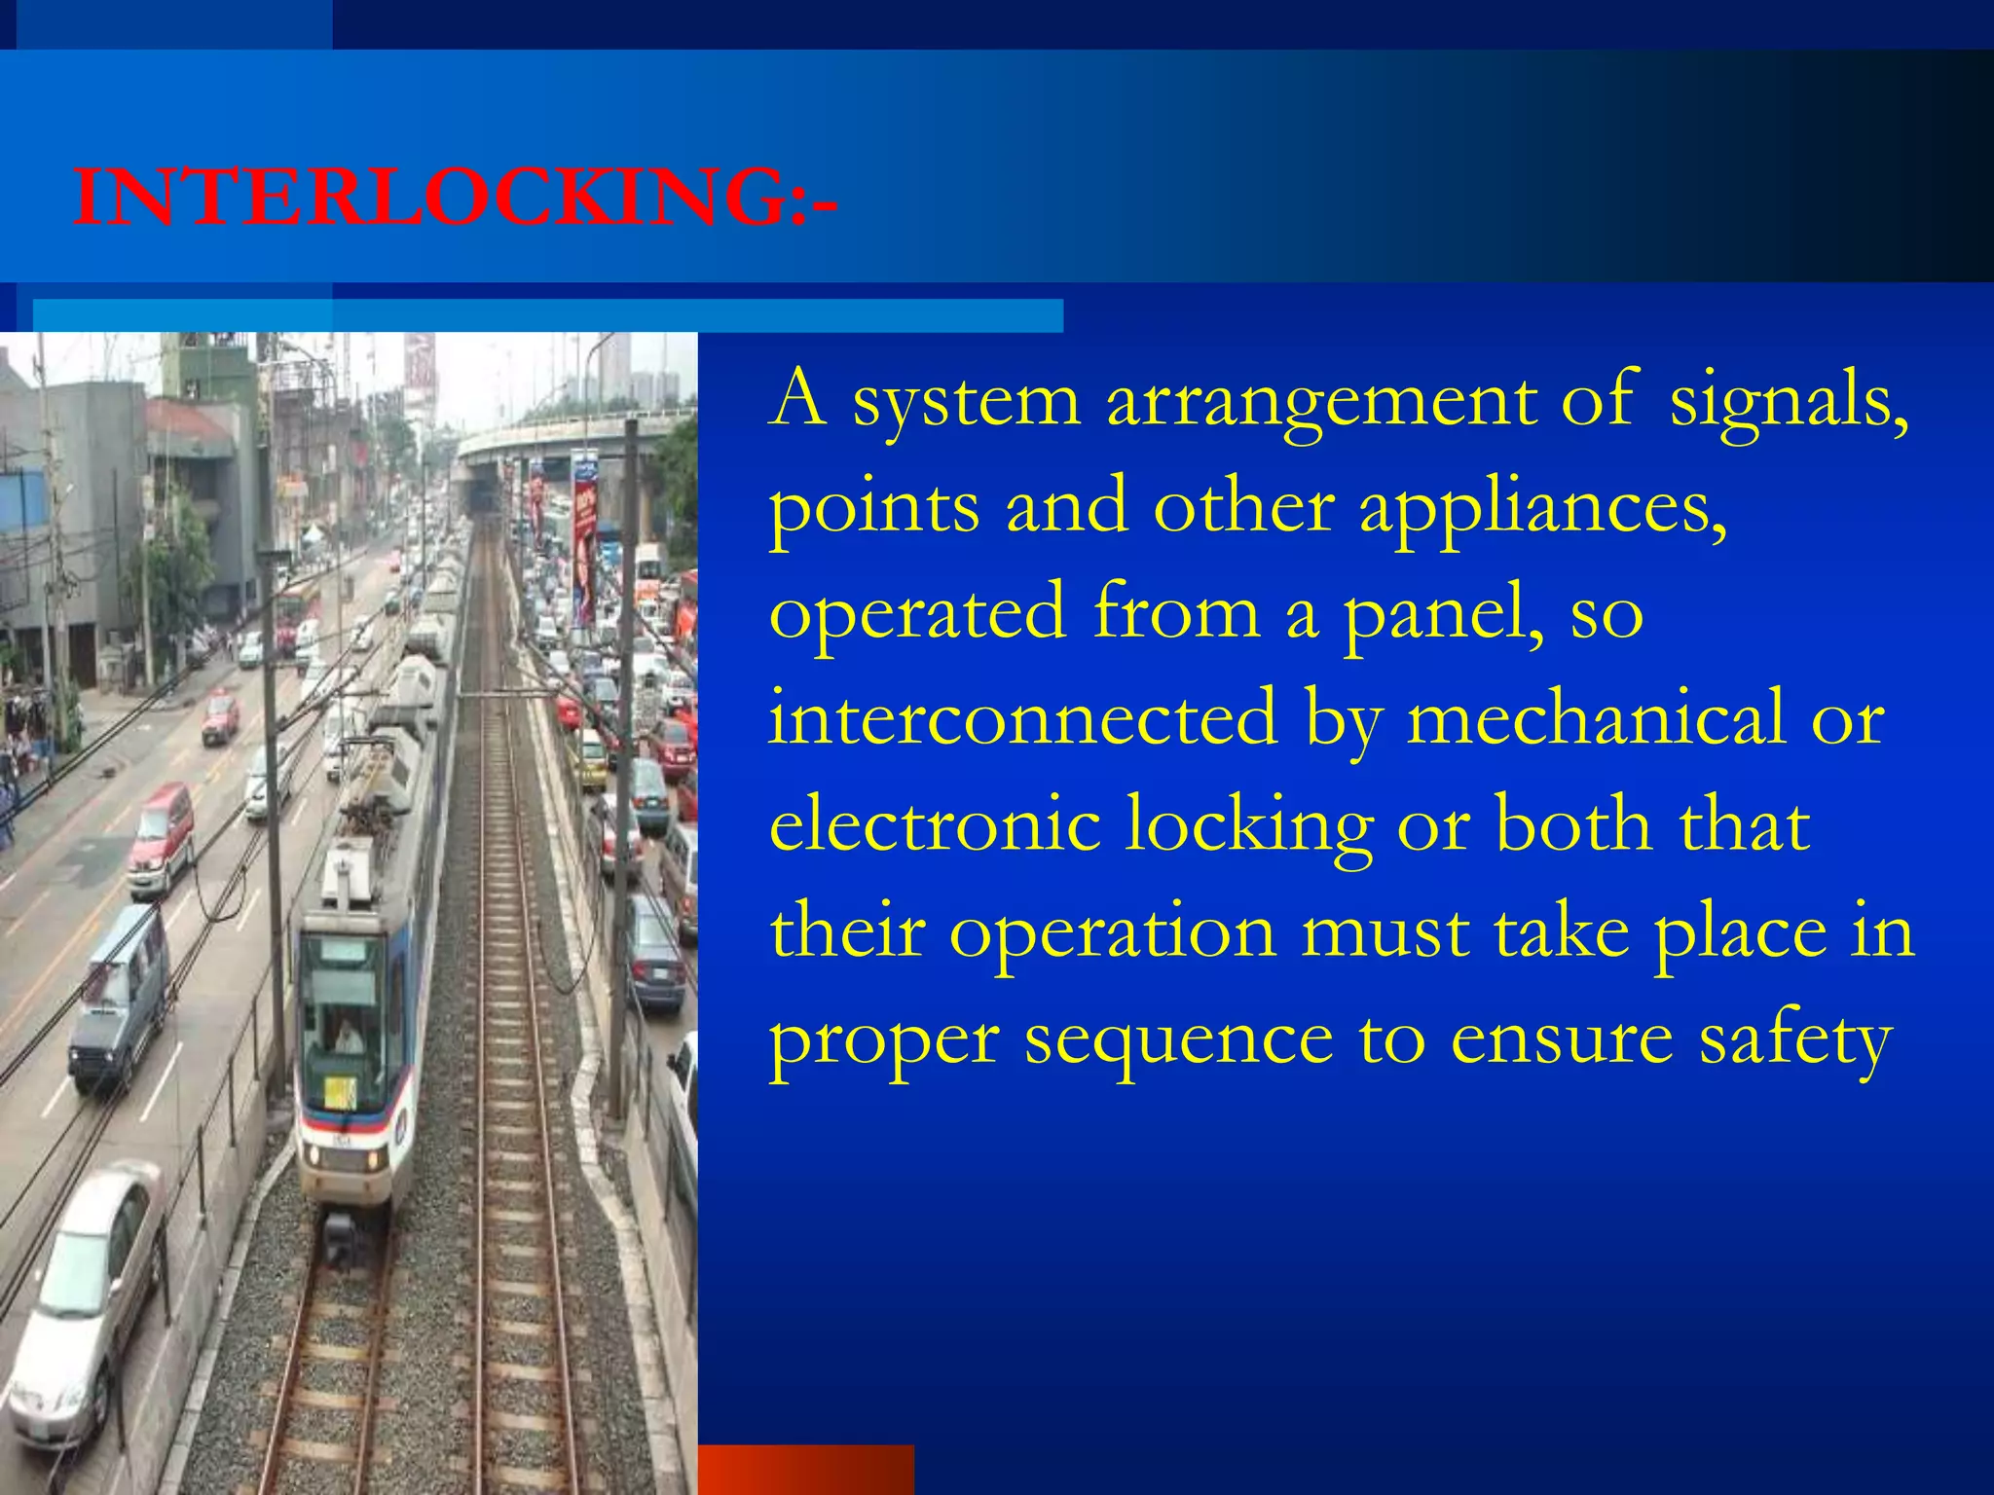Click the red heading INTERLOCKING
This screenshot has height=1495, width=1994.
[x=455, y=197]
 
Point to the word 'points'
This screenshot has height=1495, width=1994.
[x=873, y=508]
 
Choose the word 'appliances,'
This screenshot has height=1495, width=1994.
[x=1542, y=508]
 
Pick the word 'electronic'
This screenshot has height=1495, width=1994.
[x=935, y=825]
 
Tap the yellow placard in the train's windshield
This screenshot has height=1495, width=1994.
[x=340, y=1092]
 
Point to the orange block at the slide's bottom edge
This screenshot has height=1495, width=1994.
[x=806, y=1469]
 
